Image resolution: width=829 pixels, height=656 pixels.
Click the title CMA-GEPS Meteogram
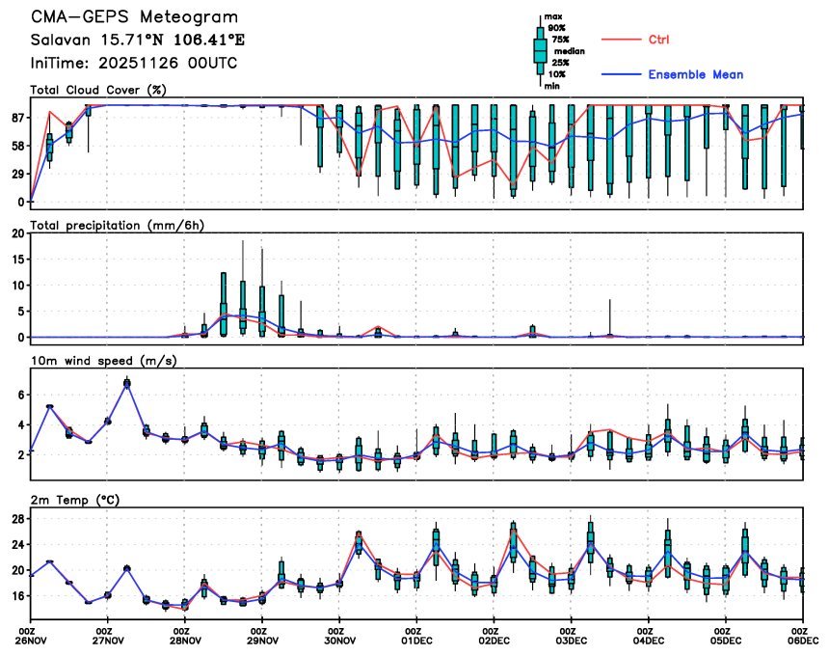[x=134, y=18]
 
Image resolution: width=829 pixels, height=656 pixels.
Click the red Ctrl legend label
[x=659, y=40]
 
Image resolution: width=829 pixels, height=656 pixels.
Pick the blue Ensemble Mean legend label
[x=695, y=74]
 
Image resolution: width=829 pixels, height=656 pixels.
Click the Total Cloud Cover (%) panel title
[x=99, y=90]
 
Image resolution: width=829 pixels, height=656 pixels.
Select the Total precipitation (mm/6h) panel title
[x=120, y=225]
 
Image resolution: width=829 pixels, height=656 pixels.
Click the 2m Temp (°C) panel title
[x=78, y=499]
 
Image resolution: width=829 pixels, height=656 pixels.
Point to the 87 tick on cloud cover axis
[x=17, y=118]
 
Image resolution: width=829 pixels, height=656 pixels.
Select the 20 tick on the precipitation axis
[x=17, y=233]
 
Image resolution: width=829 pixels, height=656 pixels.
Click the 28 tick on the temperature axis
[x=17, y=518]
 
